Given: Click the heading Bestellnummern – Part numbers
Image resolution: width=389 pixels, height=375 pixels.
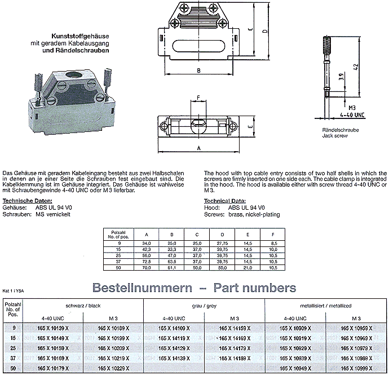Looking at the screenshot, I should [194, 288].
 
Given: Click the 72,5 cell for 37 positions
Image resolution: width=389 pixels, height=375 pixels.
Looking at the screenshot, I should [147, 262].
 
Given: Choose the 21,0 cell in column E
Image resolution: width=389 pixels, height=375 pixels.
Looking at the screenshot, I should [247, 268].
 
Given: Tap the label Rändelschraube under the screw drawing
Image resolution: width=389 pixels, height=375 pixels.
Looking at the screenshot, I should [337, 131].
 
